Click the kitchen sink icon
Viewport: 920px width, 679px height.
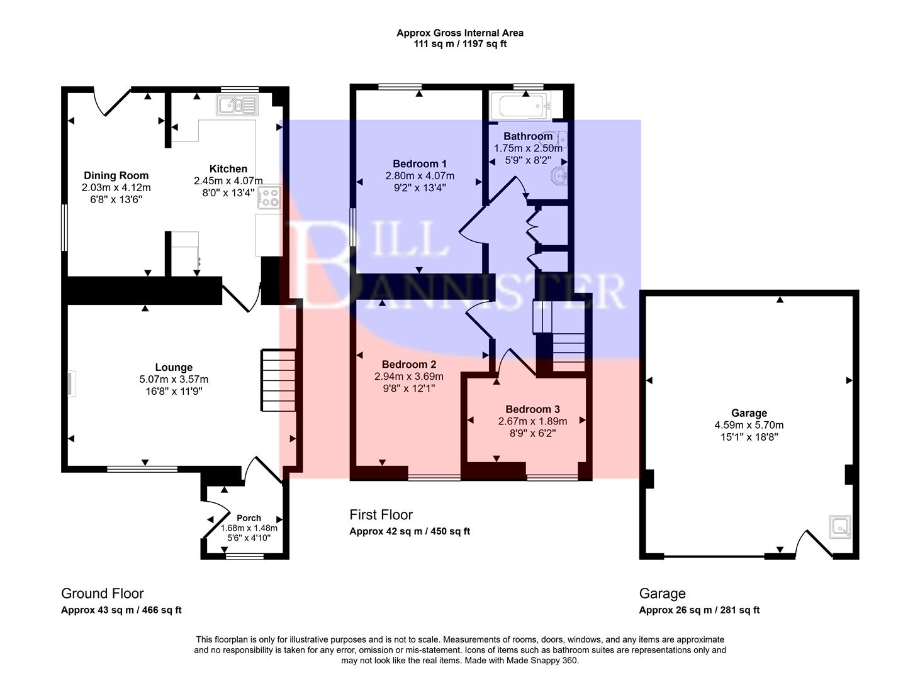237,105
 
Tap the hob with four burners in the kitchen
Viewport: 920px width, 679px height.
271,198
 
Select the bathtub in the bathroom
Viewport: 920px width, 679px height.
520,106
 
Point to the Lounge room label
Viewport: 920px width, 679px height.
174,368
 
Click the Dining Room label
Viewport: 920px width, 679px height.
116,175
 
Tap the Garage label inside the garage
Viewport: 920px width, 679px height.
749,413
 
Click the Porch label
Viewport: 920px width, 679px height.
249,518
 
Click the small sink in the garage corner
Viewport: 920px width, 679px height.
840,527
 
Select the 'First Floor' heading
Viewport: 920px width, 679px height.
381,515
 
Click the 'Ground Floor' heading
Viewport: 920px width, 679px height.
102,593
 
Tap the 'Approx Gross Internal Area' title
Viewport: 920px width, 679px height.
459,33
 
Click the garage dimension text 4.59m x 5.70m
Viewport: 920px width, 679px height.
749,425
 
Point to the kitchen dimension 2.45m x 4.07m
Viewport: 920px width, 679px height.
228,180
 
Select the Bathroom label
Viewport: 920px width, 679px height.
528,136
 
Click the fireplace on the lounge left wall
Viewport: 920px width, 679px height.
72,384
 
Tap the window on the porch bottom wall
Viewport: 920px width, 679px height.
245,556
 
